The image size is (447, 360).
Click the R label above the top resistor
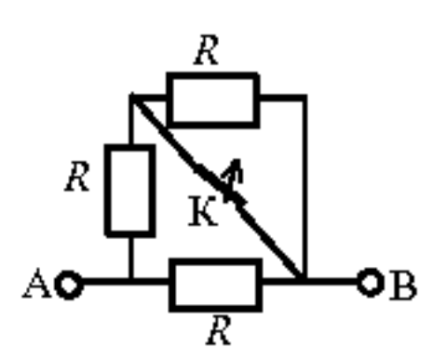point(207,49)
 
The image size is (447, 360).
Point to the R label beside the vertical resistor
point(77,176)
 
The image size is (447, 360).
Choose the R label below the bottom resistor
point(219,330)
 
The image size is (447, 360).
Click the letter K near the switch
point(203,211)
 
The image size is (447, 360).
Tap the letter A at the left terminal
point(36,283)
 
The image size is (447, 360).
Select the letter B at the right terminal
point(403,286)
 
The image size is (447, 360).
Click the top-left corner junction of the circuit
point(132,97)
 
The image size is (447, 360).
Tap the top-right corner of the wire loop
point(305,98)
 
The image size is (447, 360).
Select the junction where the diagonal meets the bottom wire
point(301,281)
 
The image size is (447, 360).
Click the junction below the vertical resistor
point(131,282)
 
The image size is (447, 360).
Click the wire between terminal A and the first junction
point(106,282)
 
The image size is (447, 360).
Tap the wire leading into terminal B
point(332,282)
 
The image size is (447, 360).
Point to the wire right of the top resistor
point(283,98)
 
